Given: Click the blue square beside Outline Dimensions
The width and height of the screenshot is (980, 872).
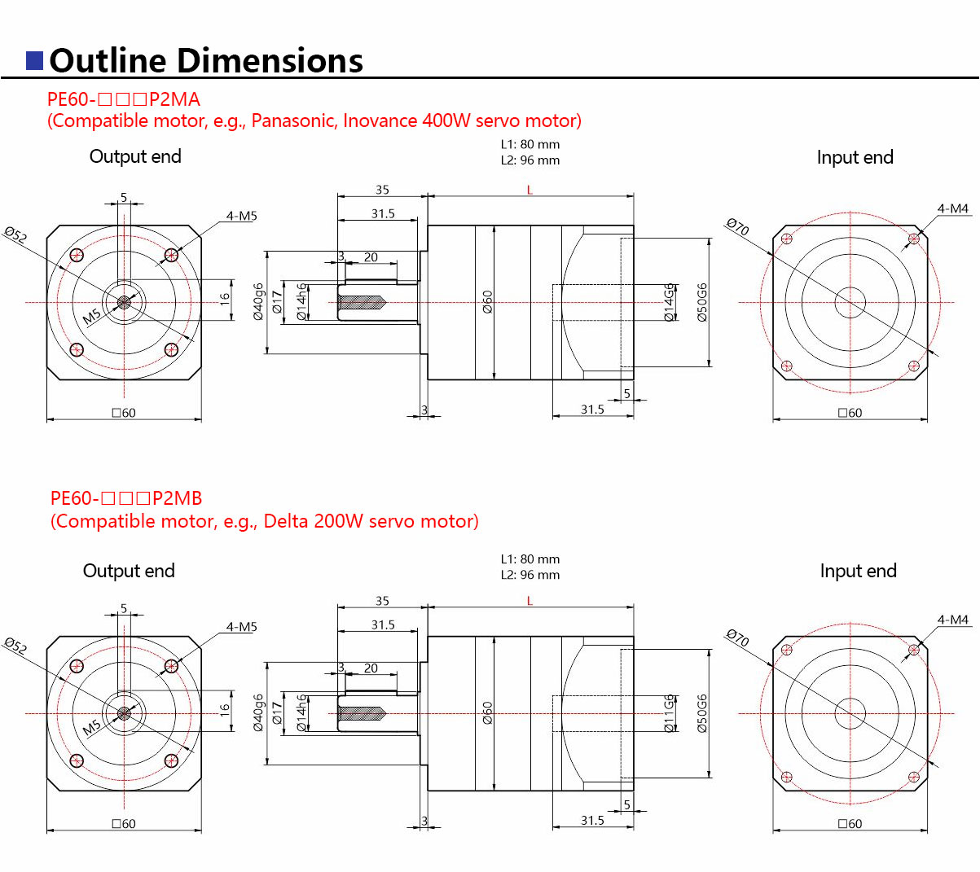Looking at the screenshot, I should pos(35,61).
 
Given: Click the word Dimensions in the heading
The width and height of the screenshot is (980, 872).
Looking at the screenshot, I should pos(270,61).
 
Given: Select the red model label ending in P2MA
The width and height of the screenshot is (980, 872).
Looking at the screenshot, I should pos(123,99).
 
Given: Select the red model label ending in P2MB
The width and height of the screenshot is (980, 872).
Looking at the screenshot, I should pos(126,498).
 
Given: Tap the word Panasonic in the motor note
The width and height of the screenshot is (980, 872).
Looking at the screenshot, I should pos(292,121).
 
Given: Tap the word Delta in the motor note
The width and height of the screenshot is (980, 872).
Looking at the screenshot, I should pos(285,521).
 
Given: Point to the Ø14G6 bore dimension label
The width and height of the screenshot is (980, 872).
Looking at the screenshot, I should pos(670,302).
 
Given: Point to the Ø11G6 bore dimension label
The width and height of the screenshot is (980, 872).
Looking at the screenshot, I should pos(670,713).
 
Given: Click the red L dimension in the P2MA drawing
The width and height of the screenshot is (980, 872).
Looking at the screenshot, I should pos(530,190).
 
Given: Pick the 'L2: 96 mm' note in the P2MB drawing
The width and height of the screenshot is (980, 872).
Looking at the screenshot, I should pos(530,575).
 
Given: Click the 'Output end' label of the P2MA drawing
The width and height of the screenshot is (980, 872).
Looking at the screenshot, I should pos(135,156).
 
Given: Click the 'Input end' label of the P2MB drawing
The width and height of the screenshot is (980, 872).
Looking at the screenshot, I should pos(858,571).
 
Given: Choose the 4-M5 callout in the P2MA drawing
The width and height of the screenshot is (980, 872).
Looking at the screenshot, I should pos(241,216).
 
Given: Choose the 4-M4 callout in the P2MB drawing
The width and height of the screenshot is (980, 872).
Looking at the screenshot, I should pos(952,620).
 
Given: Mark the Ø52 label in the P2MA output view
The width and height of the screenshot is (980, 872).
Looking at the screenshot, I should pos(15,235).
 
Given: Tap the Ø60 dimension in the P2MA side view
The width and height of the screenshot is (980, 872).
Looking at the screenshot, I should pos(487,302).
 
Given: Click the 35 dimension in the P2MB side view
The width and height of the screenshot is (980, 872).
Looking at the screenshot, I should pos(382,601).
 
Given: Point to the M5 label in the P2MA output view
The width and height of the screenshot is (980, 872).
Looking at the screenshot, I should pos(92,316).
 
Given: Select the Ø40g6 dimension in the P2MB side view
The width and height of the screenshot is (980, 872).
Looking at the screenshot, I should pos(258,713).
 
